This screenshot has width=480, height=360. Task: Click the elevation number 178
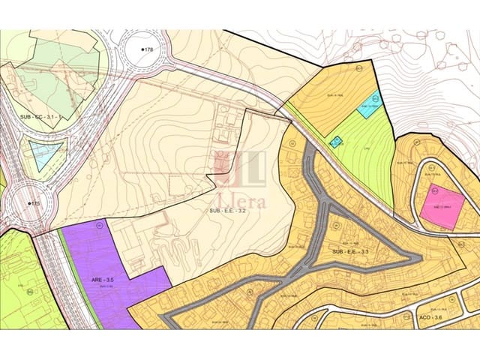[x=148, y=49]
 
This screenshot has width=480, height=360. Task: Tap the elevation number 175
[x=34, y=204]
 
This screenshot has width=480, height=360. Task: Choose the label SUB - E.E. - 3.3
[x=349, y=251]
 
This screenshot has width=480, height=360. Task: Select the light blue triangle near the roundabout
[x=43, y=152]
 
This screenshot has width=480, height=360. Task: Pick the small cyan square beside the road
[x=337, y=141]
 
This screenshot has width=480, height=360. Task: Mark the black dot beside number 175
[x=28, y=204]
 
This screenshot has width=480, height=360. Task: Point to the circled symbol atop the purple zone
[x=98, y=224]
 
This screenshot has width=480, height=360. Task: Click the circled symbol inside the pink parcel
[x=433, y=190]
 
